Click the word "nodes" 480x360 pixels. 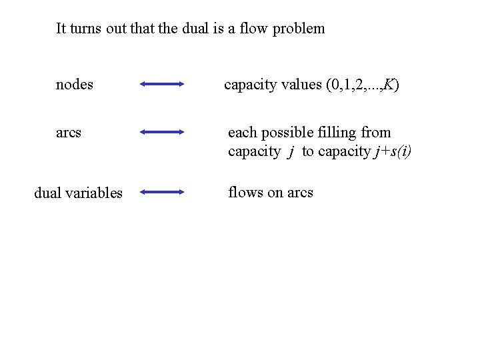coord(74,85)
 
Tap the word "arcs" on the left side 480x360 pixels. coord(69,132)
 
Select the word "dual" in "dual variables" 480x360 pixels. coord(48,193)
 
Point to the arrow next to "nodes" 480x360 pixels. coord(162,84)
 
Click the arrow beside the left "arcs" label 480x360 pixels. coord(162,132)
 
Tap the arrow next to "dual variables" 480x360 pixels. coord(162,192)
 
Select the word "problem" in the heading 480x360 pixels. coord(297,29)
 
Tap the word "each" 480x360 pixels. coord(242,132)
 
